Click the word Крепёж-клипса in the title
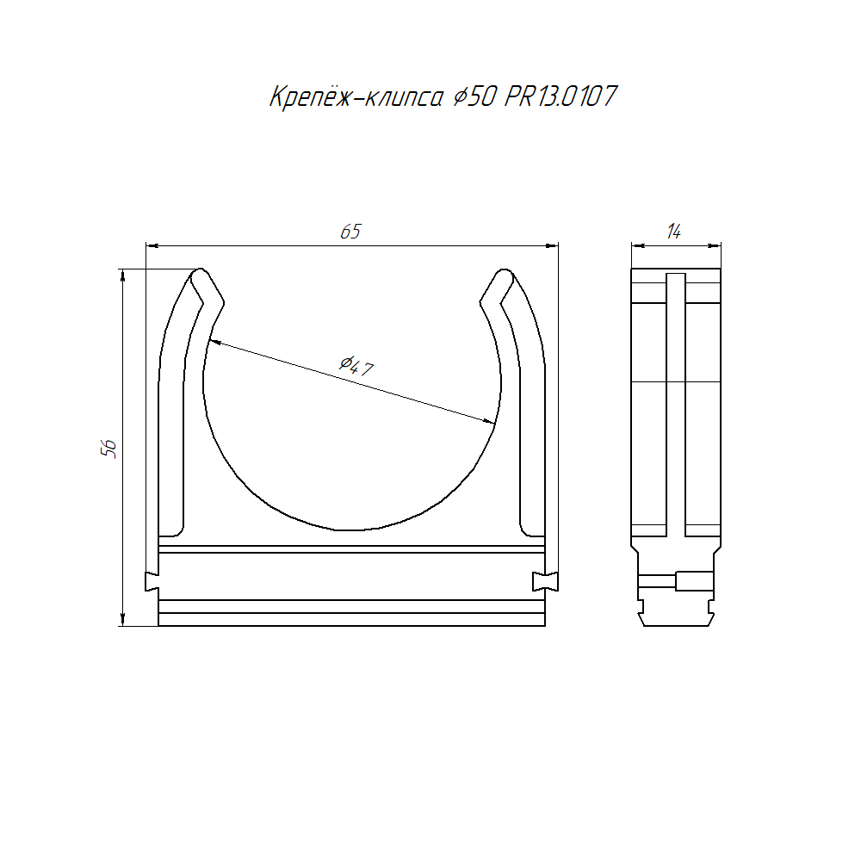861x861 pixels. tap(356, 97)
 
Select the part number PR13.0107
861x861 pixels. tap(561, 96)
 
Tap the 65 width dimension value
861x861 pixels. tap(351, 232)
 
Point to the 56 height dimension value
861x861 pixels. tap(108, 449)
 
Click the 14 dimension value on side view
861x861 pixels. tap(674, 232)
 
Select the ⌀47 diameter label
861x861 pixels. tap(356, 366)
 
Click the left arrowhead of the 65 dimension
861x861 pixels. tap(152, 245)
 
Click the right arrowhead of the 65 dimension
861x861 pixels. tap(552, 245)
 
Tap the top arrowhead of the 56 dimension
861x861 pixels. tap(122, 276)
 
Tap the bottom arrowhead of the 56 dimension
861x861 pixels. tap(122, 619)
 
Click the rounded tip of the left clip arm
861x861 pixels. tap(201, 272)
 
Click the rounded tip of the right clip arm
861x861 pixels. tap(504, 272)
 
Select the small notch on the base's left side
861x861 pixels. tap(152, 581)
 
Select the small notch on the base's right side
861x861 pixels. tap(545, 581)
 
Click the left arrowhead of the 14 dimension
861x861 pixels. tap(637, 245)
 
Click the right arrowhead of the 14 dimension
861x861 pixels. tap(714, 245)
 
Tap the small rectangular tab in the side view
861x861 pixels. tap(695, 581)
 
